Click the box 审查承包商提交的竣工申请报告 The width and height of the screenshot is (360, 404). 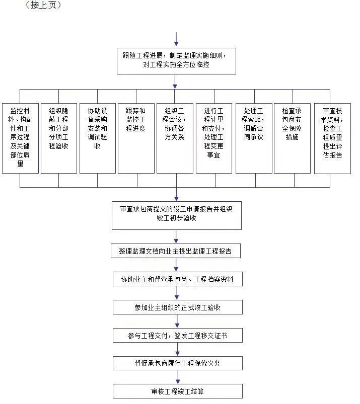[x=176, y=214]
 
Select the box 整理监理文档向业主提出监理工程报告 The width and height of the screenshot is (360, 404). [x=176, y=251]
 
